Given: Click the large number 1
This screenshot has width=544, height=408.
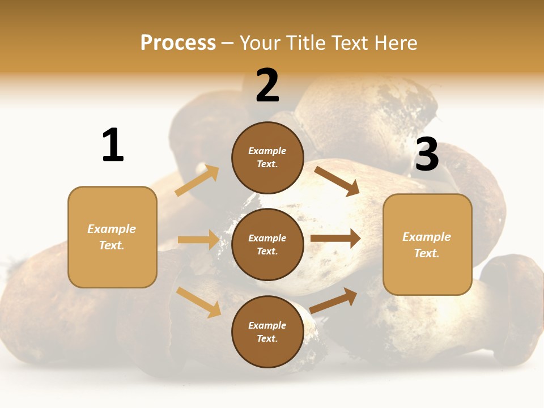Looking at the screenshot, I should point(113,145).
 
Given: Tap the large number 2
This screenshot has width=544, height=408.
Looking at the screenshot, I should point(267,86).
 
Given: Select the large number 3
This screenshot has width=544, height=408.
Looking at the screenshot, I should point(427,154).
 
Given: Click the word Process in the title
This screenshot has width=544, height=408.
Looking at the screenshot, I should point(178,42).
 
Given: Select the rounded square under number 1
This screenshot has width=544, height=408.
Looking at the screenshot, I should point(112,237).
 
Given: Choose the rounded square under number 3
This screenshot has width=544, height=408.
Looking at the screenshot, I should point(427,245).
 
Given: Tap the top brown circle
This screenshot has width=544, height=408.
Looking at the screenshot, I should point(267,158).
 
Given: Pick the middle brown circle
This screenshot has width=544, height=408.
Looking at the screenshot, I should point(267,245).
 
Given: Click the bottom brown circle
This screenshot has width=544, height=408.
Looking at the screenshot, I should point(267,332).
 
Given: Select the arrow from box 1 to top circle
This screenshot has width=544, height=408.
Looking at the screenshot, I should point(197,181).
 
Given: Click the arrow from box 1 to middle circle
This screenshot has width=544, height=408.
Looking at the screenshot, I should point(198,240).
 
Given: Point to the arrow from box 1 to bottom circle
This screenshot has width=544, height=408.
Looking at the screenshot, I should point(199,302).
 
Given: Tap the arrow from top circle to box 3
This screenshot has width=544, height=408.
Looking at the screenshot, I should point(337,181).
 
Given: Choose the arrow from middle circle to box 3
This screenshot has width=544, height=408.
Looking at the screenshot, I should point(335,239).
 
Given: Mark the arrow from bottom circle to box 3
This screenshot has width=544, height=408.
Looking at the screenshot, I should point(334,300).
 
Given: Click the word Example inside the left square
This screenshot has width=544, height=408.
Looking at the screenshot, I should point(112,229).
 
